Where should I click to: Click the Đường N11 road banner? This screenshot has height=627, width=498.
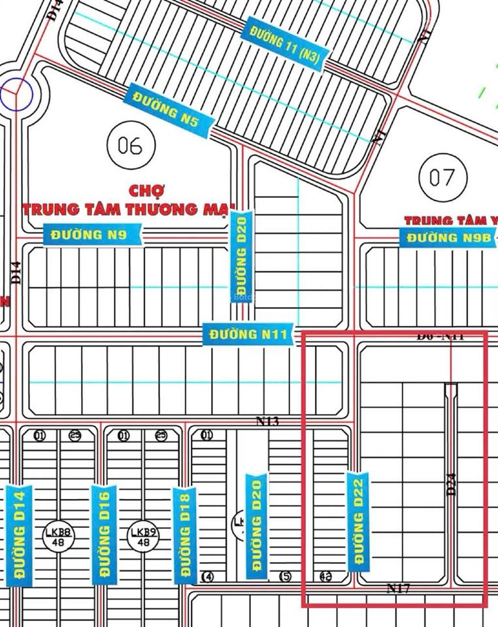(248, 334)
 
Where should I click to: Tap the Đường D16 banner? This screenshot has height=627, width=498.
(105, 534)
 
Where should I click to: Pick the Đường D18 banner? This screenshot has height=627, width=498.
(185, 535)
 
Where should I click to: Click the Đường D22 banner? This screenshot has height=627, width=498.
(358, 521)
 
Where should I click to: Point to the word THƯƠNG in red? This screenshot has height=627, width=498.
(163, 209)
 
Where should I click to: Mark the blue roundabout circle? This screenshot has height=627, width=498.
(16, 95)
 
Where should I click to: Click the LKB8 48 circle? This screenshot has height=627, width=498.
(59, 537)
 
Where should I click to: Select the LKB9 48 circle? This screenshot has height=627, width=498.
(144, 537)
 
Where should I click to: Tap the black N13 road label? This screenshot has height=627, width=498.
(267, 422)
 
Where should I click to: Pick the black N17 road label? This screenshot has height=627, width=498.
(398, 588)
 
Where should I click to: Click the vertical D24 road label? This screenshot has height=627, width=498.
(451, 484)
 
